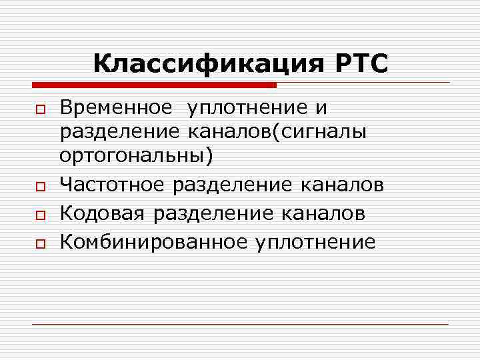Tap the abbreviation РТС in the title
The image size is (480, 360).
(x=357, y=64)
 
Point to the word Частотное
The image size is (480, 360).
(x=113, y=184)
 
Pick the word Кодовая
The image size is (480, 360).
(x=104, y=213)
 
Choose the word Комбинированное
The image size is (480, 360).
(x=154, y=241)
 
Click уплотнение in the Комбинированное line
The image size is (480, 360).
(x=315, y=241)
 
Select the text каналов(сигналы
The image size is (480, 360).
(x=293, y=132)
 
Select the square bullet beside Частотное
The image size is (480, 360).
(x=40, y=185)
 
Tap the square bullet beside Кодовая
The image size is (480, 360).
(x=40, y=215)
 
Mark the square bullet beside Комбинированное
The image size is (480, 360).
(x=40, y=243)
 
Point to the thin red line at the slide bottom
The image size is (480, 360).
(x=240, y=325)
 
